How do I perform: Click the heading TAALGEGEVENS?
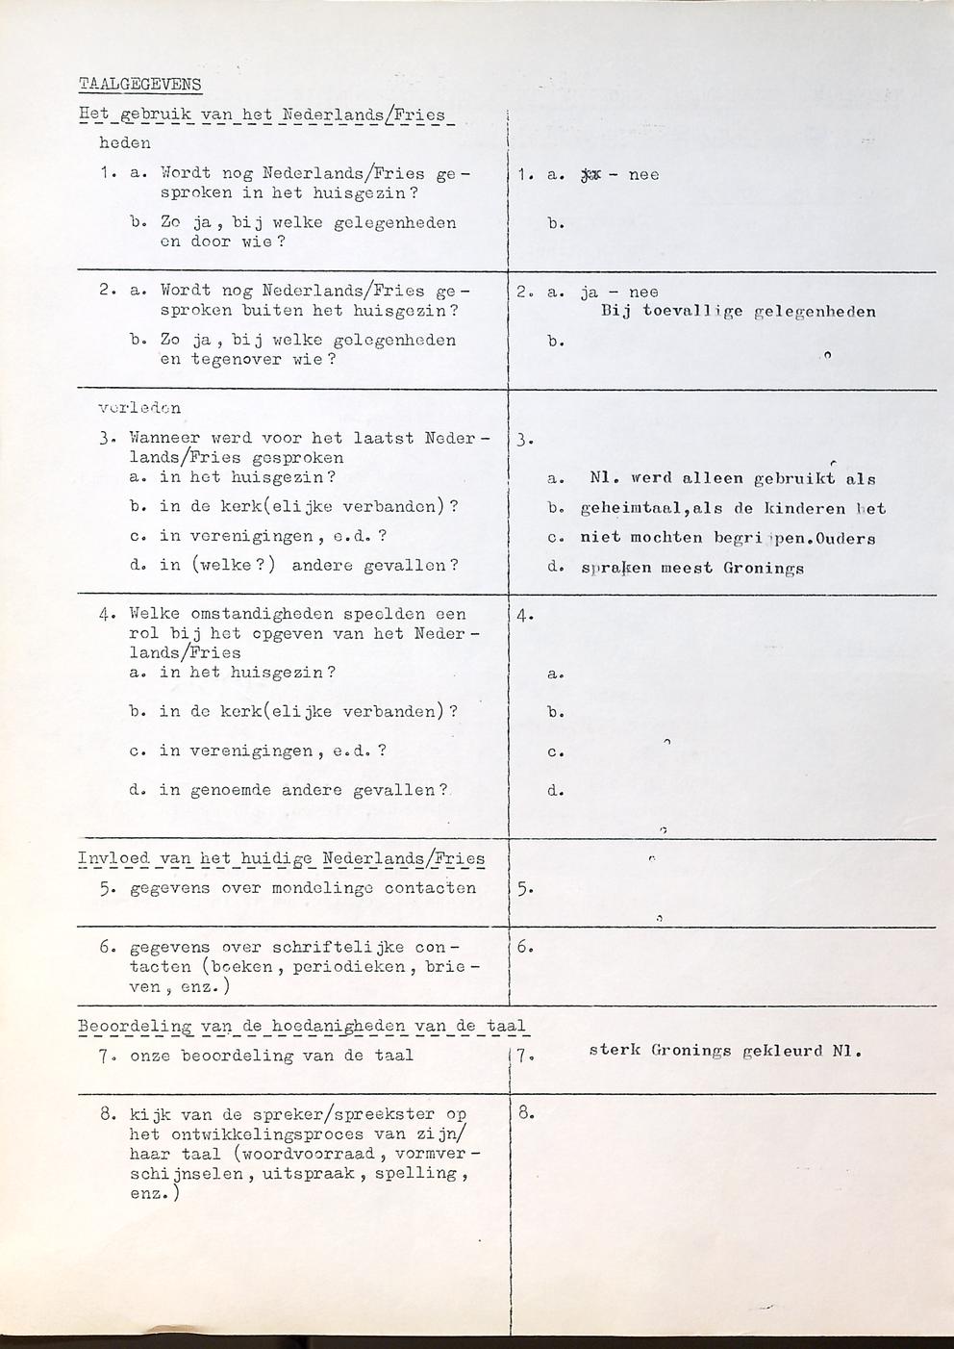(140, 84)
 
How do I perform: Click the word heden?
(125, 143)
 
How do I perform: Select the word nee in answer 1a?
(643, 175)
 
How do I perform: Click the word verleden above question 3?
(139, 408)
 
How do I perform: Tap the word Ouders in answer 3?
(841, 539)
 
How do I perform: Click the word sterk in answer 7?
(614, 1051)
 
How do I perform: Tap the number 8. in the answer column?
(526, 1114)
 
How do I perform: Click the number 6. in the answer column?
(526, 947)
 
